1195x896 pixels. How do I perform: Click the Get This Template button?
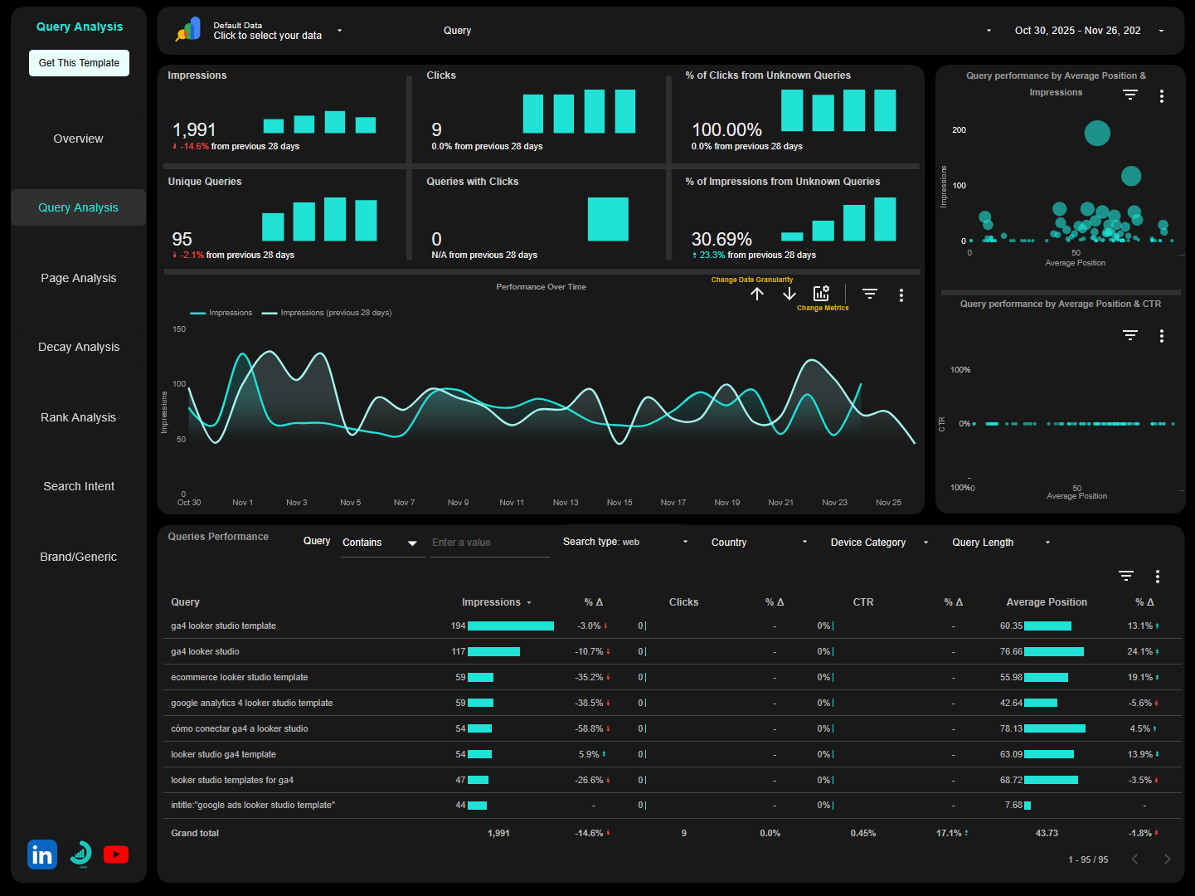click(x=79, y=63)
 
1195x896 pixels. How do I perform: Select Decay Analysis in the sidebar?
click(x=79, y=347)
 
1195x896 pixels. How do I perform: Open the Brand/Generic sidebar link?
click(x=79, y=557)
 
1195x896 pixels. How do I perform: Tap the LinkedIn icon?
click(x=42, y=855)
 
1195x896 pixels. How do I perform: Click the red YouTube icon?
click(x=116, y=855)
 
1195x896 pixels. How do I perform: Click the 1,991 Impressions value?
click(x=194, y=130)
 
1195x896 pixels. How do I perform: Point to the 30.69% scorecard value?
click(x=721, y=240)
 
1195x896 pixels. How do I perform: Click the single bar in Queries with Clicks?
click(x=608, y=219)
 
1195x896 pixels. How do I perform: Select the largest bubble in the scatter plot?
click(x=1097, y=134)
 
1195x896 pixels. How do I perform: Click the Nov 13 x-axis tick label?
click(x=566, y=503)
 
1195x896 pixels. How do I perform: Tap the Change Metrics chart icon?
click(x=821, y=294)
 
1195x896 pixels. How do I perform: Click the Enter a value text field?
click(x=489, y=543)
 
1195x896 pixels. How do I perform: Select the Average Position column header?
click(x=1047, y=602)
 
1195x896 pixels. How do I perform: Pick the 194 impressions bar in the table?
click(x=511, y=626)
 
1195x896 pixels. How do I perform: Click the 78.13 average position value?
click(x=1011, y=729)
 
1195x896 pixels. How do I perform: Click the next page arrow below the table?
click(x=1167, y=859)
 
